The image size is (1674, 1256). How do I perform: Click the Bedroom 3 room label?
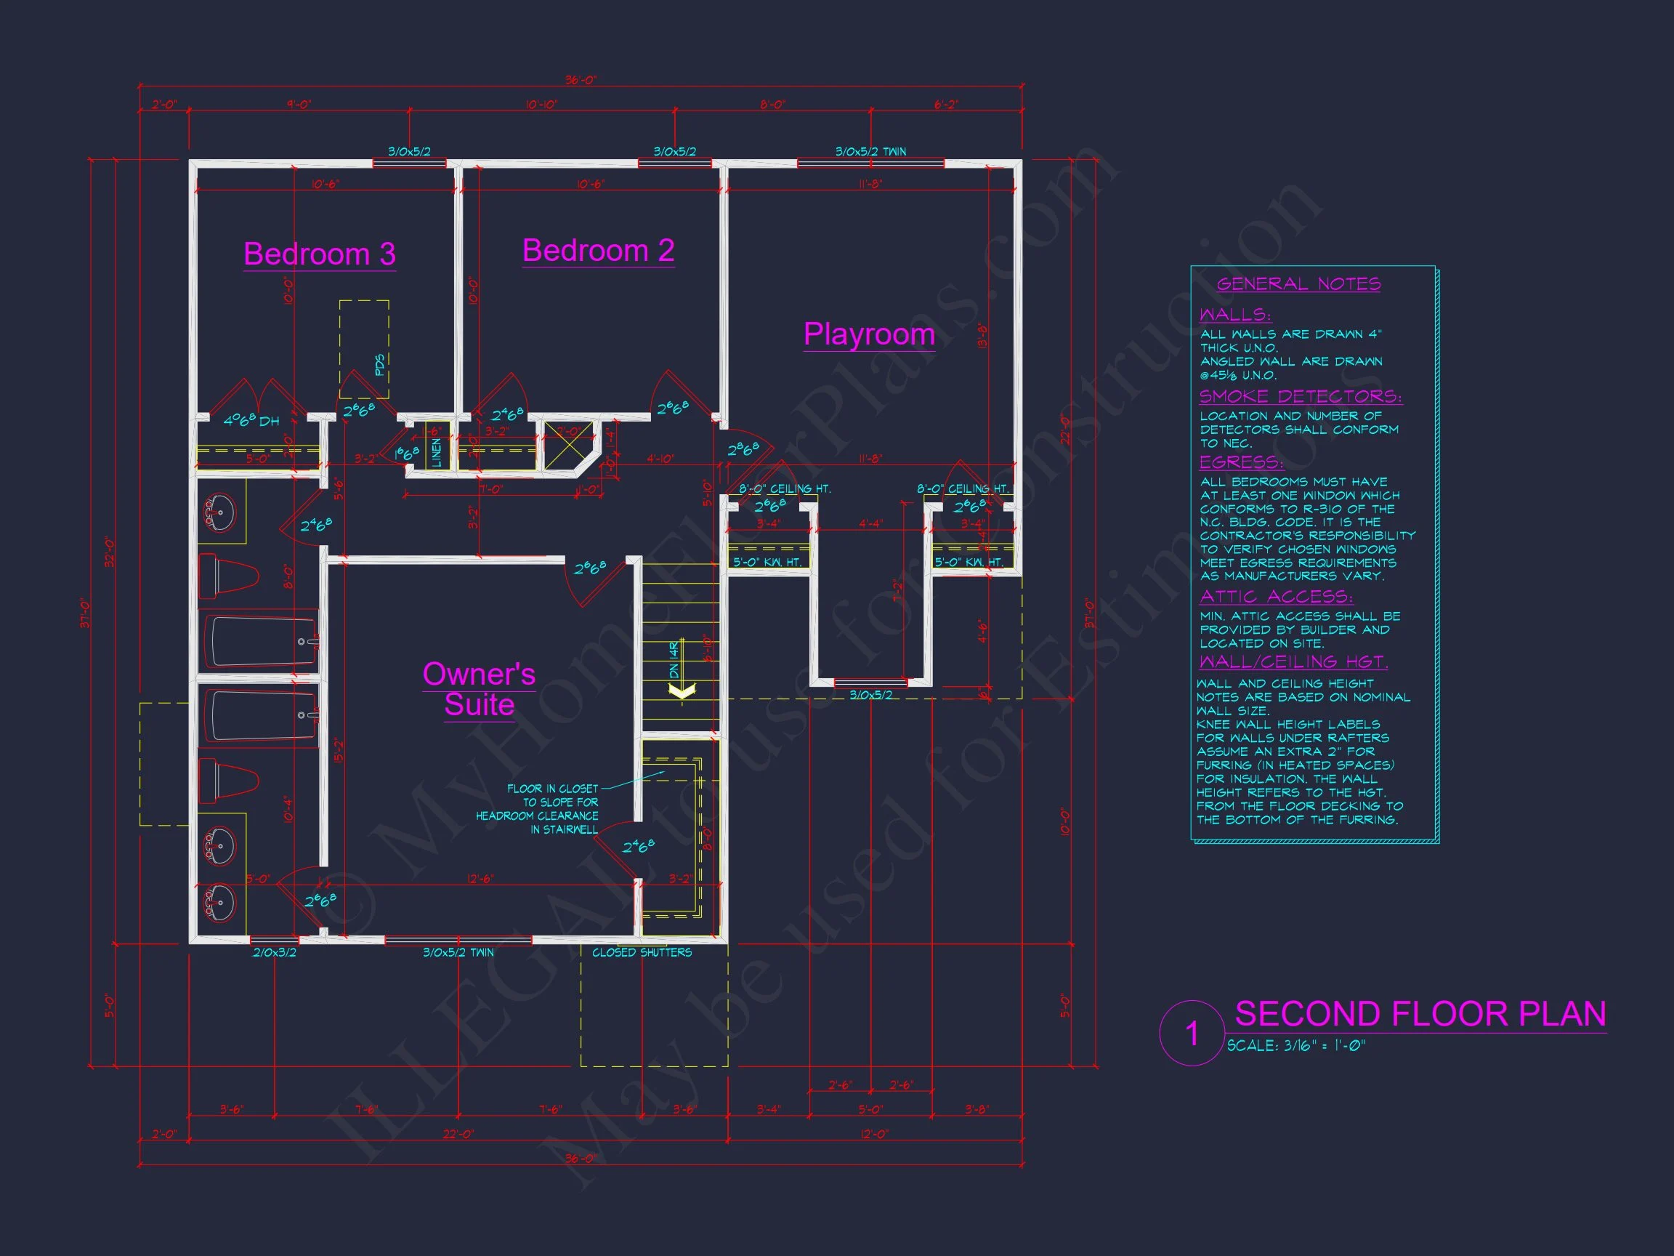coord(320,254)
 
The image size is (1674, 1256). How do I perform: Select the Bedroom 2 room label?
coord(598,251)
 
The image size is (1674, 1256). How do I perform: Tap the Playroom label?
coord(869,334)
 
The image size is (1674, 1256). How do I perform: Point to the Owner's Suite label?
coord(479,689)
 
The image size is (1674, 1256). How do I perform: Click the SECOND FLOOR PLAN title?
coord(1420,1014)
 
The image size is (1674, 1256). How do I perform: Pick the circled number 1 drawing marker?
coord(1192,1034)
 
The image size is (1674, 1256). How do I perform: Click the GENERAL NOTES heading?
coord(1298,284)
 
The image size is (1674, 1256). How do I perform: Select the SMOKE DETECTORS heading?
coord(1300,396)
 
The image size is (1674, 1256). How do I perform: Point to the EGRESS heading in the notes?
coord(1241,462)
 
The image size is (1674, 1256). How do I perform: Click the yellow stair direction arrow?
coord(682,691)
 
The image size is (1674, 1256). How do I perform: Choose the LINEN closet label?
coord(436,453)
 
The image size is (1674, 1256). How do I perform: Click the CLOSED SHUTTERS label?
coord(642,952)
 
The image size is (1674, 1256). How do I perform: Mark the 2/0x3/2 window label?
coord(274,952)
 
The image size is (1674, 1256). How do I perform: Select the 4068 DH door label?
coord(251,420)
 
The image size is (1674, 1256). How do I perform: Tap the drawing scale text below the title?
coord(1295,1045)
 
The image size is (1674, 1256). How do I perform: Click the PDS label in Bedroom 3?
coord(380,364)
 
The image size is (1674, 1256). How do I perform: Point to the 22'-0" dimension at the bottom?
coord(457,1134)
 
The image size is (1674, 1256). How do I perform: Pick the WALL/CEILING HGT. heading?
coord(1293,661)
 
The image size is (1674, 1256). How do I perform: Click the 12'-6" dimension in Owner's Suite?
coord(480,879)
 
